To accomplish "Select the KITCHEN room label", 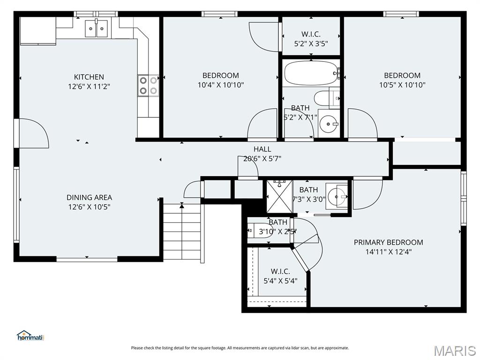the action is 89,77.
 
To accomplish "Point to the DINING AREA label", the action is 90,197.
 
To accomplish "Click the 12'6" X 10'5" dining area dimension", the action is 89,207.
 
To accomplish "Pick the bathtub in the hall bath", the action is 311,73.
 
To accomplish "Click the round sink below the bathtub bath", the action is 328,124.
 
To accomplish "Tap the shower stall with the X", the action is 280,196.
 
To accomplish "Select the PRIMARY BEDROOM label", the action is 389,242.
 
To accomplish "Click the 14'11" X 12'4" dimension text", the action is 389,252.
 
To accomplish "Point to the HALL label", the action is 262,149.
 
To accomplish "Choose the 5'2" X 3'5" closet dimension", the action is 311,44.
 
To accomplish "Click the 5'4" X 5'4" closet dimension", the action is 280,281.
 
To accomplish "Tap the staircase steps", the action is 182,232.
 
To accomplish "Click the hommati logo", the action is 30,336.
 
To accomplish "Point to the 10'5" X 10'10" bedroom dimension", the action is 402,85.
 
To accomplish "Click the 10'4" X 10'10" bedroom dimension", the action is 221,85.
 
